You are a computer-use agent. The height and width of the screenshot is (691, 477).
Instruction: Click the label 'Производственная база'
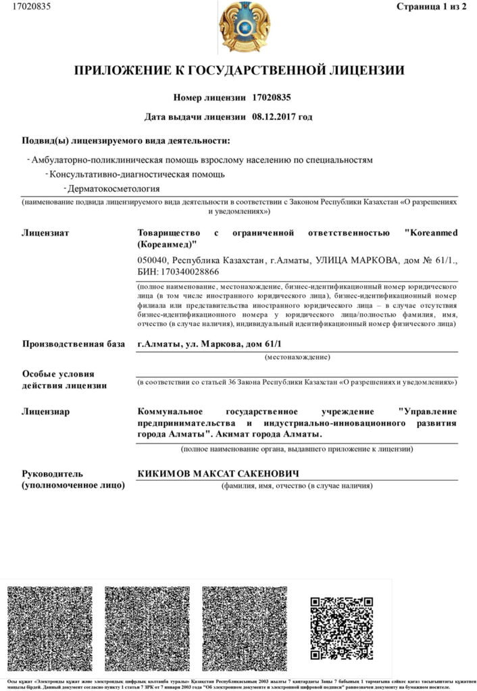[x=73, y=345]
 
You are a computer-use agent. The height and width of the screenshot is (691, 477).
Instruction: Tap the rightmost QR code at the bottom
[x=341, y=629]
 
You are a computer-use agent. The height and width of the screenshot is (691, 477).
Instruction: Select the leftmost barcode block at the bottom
[x=50, y=629]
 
